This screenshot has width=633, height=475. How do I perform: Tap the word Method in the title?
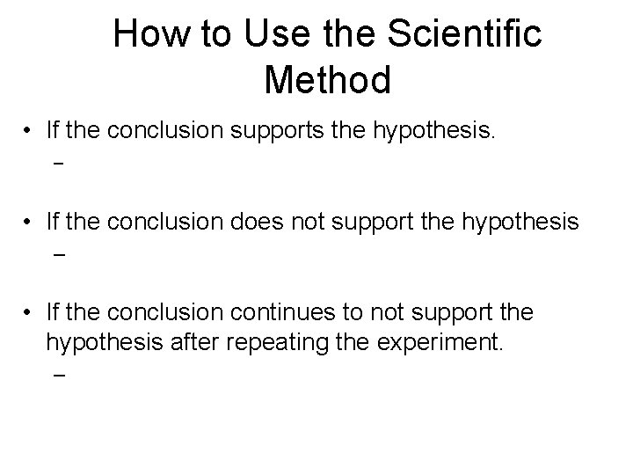click(x=327, y=81)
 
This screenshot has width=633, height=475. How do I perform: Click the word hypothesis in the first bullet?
click(x=436, y=133)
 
